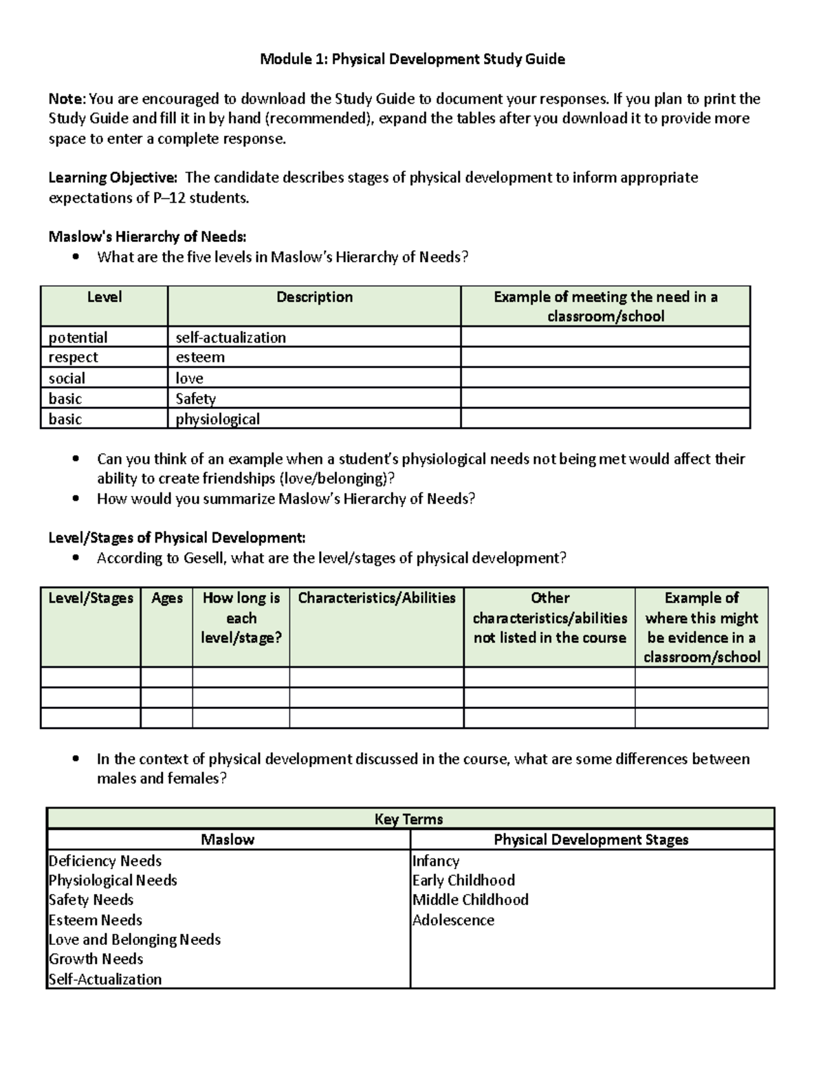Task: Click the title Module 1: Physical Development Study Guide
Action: click(x=412, y=59)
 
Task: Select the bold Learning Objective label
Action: click(x=112, y=178)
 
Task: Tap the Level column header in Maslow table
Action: click(x=104, y=297)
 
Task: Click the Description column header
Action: click(x=314, y=297)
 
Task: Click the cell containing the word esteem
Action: click(x=200, y=358)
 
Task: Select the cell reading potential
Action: click(x=78, y=338)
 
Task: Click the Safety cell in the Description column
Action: click(x=195, y=399)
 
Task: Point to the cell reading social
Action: click(x=67, y=378)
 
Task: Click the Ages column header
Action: click(x=167, y=598)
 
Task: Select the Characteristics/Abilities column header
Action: click(x=377, y=598)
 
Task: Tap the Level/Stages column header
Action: click(x=91, y=598)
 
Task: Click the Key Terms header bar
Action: click(x=409, y=819)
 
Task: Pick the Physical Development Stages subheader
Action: click(x=591, y=840)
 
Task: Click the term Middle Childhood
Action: click(x=470, y=900)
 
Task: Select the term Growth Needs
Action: click(x=96, y=959)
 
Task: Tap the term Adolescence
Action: click(x=453, y=920)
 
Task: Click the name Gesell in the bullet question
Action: click(x=203, y=558)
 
